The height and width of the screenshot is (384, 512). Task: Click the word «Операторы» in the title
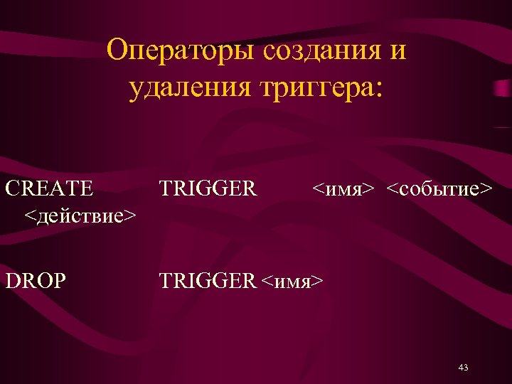click(181, 52)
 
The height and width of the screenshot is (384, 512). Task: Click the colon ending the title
click(378, 91)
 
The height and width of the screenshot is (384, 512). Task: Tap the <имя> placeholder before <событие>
click(343, 189)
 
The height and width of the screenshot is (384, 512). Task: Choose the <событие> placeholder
click(439, 189)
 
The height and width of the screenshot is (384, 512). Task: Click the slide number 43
click(464, 368)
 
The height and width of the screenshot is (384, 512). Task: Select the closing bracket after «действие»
click(131, 215)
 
